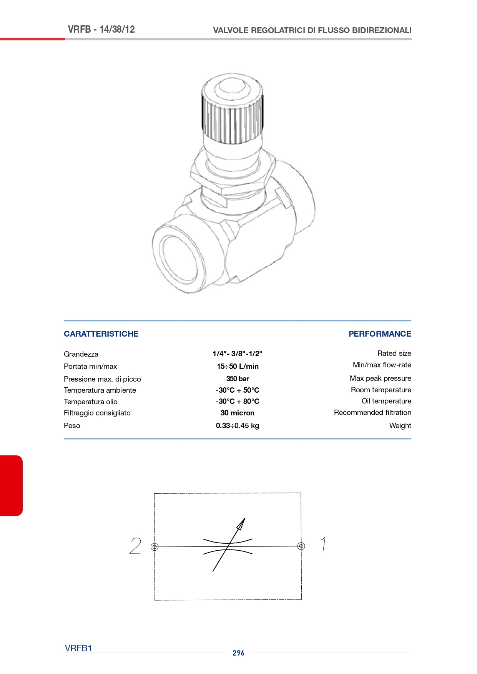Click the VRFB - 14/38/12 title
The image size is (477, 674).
click(x=101, y=30)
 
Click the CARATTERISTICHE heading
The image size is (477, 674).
click(x=101, y=334)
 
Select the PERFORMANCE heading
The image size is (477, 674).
click(x=380, y=334)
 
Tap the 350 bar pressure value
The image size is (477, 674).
click(x=238, y=379)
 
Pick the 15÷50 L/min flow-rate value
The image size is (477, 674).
click(x=238, y=366)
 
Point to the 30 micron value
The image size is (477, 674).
click(x=238, y=413)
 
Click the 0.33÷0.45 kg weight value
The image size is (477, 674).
click(x=238, y=425)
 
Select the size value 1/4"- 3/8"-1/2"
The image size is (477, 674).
click(x=238, y=354)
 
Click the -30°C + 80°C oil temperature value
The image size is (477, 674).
click(x=238, y=401)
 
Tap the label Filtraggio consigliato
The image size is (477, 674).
click(x=97, y=413)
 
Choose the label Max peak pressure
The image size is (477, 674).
click(x=381, y=379)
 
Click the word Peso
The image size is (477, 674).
click(x=72, y=425)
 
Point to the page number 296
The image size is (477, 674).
click(x=238, y=653)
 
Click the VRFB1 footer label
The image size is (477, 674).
click(x=78, y=648)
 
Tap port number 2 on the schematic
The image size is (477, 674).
click(x=135, y=546)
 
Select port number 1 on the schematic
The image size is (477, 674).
click(x=324, y=545)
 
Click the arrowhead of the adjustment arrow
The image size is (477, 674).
click(x=241, y=524)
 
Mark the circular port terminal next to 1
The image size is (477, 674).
click(x=301, y=546)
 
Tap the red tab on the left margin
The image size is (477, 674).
click(x=11, y=485)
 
